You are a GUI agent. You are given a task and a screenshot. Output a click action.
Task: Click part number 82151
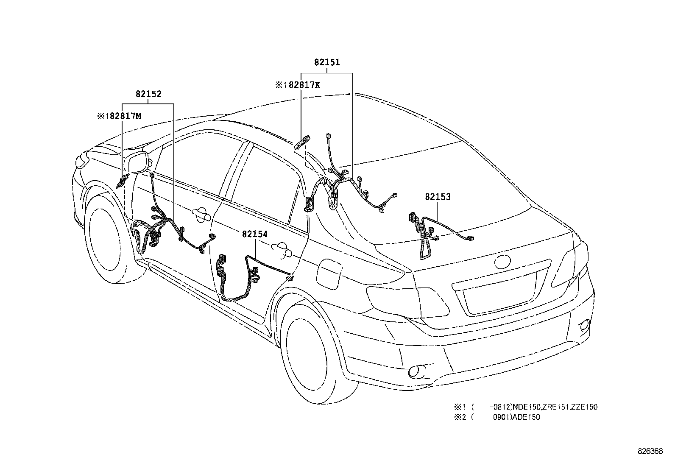327,62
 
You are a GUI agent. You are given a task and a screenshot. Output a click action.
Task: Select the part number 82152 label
148,94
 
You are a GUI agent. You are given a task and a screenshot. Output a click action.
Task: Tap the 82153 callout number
438,197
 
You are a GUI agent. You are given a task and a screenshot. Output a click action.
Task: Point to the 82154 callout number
255,233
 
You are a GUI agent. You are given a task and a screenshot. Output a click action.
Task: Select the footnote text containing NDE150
526,407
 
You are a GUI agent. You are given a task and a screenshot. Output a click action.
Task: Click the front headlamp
80,159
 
